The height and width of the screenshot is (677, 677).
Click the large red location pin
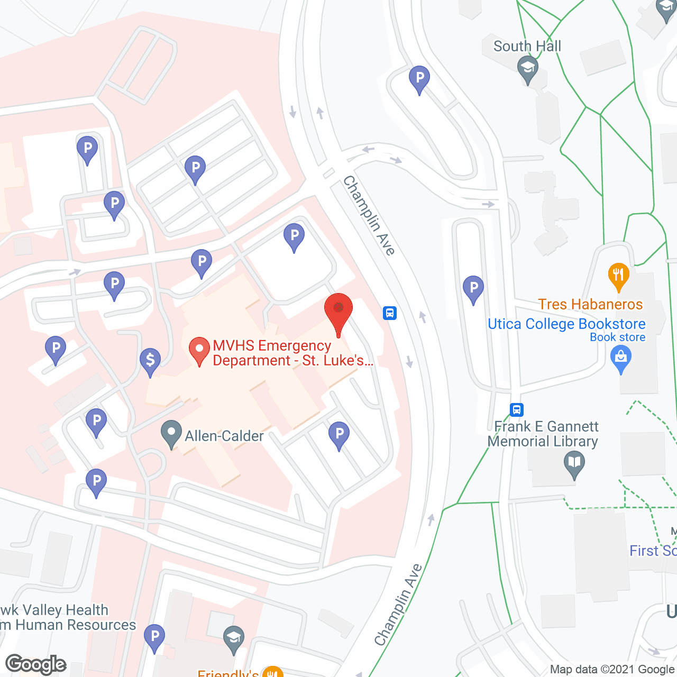[338, 312]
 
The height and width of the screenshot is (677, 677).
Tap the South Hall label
[527, 47]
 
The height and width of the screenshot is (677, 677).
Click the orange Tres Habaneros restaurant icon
[618, 276]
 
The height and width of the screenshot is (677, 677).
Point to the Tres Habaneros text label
[590, 304]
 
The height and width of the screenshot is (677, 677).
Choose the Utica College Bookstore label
[566, 324]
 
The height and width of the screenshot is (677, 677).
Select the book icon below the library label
[574, 465]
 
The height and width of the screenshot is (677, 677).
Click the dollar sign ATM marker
[150, 361]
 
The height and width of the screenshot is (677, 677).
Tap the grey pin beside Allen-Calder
[171, 433]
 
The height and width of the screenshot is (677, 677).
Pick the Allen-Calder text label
[224, 436]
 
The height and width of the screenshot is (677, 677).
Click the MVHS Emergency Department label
[292, 353]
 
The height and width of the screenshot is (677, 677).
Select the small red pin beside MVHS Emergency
[199, 350]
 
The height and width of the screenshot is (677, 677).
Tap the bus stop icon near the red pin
[390, 313]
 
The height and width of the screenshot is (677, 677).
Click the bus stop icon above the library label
[517, 409]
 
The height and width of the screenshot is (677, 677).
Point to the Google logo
[36, 664]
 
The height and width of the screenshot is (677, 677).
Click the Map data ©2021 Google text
[612, 669]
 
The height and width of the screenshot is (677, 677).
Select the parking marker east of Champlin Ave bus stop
[473, 289]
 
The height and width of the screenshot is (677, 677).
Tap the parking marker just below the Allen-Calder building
[339, 435]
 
